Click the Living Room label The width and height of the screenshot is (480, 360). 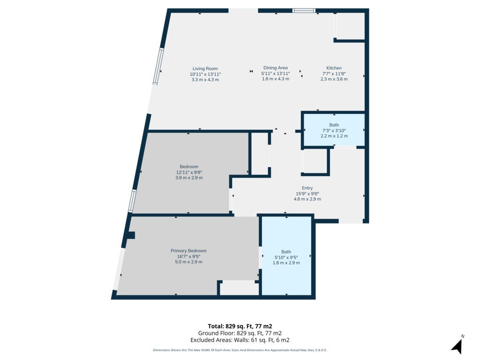205,68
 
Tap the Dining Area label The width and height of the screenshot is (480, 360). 276,67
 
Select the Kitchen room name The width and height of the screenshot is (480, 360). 334,68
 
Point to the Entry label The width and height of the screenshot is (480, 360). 307,188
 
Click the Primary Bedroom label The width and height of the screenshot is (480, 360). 188,251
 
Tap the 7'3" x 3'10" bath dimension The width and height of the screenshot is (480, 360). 334,130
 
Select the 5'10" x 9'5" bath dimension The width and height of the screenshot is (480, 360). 286,257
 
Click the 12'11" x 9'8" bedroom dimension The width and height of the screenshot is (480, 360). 189,172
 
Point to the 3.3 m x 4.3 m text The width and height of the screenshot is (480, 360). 205,80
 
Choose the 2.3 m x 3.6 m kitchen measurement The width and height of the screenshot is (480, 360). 334,79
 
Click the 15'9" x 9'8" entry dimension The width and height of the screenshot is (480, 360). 307,194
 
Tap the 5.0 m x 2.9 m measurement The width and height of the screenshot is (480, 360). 188,262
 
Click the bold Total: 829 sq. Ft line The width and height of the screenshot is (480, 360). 240,326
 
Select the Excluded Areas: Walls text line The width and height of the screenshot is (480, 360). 240,340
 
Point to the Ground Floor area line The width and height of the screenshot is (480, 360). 240,333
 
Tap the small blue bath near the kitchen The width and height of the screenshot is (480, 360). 334,130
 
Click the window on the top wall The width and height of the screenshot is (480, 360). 304,11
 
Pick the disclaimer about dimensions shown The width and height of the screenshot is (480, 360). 240,350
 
